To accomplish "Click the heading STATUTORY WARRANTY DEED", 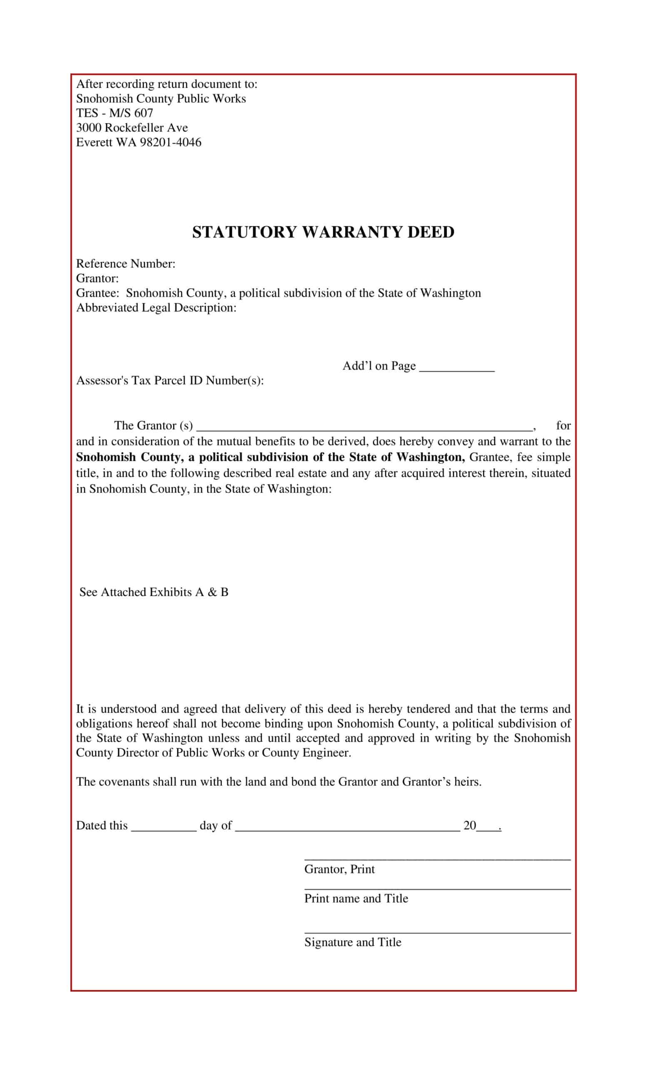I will pyautogui.click(x=323, y=232).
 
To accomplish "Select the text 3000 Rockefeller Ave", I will pyautogui.click(x=132, y=127).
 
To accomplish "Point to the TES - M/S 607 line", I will pyautogui.click(x=114, y=113).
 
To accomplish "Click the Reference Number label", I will pyautogui.click(x=125, y=264).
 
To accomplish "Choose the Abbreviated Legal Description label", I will pyautogui.click(x=156, y=308).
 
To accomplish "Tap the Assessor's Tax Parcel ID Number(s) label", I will pyautogui.click(x=169, y=380).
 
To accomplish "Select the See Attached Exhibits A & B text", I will pyautogui.click(x=154, y=592).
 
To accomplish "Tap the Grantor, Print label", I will pyautogui.click(x=339, y=869).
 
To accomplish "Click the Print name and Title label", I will pyautogui.click(x=356, y=899).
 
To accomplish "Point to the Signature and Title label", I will pyautogui.click(x=353, y=942).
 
